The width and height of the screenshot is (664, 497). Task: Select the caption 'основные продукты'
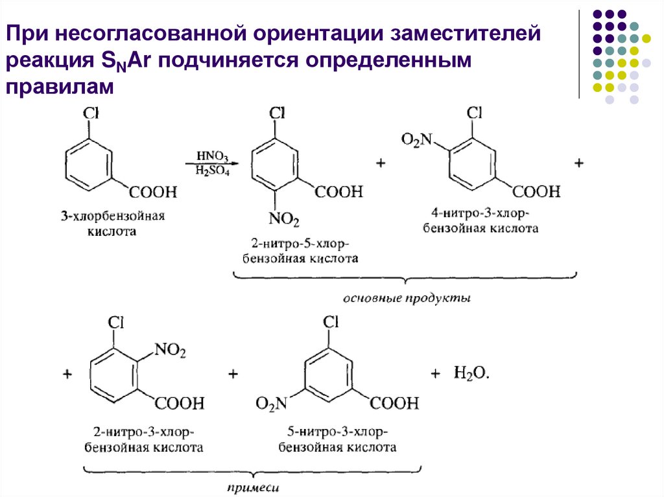point(406,299)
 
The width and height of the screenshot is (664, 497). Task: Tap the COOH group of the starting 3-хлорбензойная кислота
point(152,192)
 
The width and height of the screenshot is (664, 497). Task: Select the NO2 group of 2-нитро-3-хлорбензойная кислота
point(171,352)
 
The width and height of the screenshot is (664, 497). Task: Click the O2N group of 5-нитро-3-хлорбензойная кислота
point(271,404)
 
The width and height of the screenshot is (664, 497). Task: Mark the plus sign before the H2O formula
point(436,373)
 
